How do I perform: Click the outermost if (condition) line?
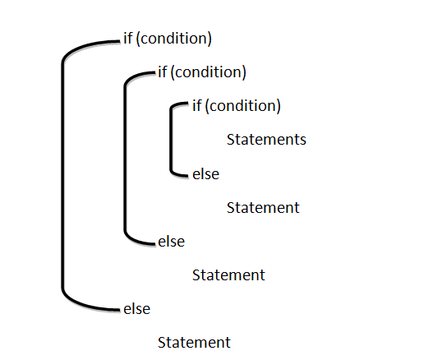(x=168, y=39)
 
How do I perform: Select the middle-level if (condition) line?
(x=202, y=72)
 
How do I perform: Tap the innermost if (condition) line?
(x=237, y=106)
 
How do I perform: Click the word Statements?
(x=266, y=140)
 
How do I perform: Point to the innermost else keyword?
(x=206, y=173)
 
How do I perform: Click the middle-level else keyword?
(x=172, y=241)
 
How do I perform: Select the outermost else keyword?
(x=137, y=309)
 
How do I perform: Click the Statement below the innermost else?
(x=263, y=207)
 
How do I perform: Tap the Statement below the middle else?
(x=228, y=275)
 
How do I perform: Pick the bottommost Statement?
(x=194, y=343)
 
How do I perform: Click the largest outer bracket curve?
(x=62, y=175)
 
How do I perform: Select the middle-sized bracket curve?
(x=125, y=158)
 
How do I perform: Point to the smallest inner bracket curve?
(x=171, y=140)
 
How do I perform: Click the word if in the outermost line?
(x=128, y=38)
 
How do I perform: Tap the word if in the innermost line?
(x=197, y=105)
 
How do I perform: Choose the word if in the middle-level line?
(x=163, y=72)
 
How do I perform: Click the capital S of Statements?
(x=231, y=140)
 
